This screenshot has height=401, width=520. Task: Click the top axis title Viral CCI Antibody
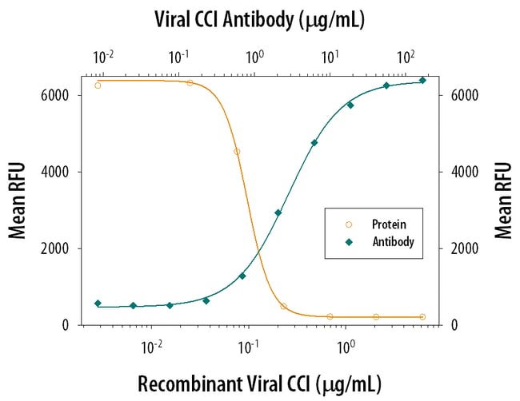coord(260,19)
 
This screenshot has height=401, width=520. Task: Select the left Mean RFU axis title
coord(18,201)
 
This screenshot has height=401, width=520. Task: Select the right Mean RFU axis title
coord(502,201)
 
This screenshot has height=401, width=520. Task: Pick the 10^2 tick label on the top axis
coord(407,58)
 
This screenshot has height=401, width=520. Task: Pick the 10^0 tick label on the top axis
coord(255,58)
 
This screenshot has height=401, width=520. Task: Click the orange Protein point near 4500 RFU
coord(237,152)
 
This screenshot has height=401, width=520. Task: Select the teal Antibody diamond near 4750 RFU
coord(314,143)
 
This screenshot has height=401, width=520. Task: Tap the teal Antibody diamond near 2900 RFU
coord(278,212)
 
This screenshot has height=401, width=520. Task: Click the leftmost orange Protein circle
coord(98,85)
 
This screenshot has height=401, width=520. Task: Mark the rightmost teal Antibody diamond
coord(422,81)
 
